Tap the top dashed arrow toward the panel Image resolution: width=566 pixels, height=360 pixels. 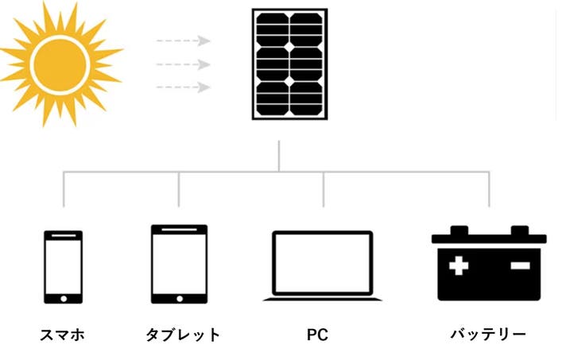tap(184, 41)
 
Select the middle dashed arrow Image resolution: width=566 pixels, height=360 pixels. tap(184, 64)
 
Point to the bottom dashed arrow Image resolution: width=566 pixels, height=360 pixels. tap(184, 87)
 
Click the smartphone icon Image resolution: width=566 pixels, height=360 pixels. tap(63, 267)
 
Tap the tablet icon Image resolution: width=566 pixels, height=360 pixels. tap(179, 264)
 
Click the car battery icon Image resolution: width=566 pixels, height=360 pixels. tap(489, 264)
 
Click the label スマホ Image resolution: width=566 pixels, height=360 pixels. tap(62, 335)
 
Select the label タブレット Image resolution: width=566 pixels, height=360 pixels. tap(183, 335)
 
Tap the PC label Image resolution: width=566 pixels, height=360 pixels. tap(317, 335)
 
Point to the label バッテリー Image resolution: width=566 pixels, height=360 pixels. tap(488, 335)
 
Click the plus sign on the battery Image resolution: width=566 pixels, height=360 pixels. tap(459, 265)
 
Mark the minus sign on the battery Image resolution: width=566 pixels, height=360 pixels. tap(519, 265)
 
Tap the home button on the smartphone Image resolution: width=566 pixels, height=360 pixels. tap(63, 299)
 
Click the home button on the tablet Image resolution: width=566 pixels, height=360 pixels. tap(179, 298)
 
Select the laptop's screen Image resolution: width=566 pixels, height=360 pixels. tap(322, 261)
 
